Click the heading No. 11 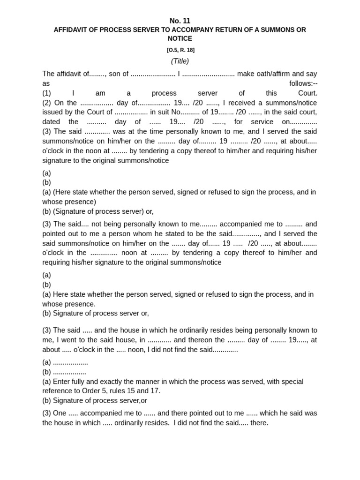coord(180,21)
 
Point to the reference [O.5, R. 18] coord(180,50)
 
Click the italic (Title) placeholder coord(180,61)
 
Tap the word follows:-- coord(303,83)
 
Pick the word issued coord(52,112)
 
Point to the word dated coord(52,122)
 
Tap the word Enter coord(62,382)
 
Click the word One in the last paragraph coord(60,413)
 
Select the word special coord(291,382)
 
